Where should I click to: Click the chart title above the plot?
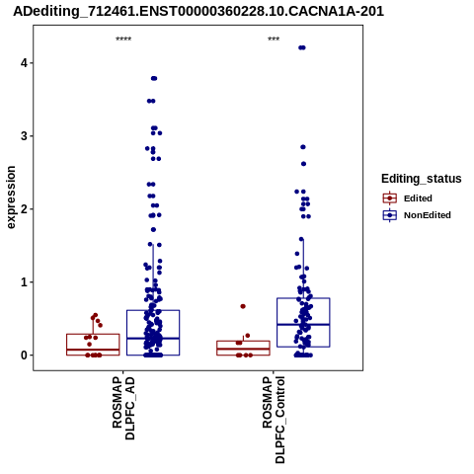point(198,12)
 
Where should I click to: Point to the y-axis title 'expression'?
point(11,197)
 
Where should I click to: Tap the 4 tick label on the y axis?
point(24,62)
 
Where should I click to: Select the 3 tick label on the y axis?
point(24,136)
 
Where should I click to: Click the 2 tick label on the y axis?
point(24,209)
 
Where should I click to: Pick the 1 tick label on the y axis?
point(24,282)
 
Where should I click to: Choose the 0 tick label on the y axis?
point(24,355)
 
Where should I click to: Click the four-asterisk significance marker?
point(123,39)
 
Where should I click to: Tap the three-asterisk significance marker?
point(274,39)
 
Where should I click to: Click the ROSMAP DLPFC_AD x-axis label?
point(123,408)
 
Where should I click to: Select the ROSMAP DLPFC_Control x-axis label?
point(274,420)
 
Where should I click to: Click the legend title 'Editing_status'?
point(422,179)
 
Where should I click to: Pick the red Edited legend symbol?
point(390,198)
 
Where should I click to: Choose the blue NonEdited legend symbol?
point(390,215)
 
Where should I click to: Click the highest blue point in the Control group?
point(302,47)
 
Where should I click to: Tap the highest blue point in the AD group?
point(154,78)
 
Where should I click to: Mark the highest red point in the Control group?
point(243,306)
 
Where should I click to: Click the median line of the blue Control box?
point(303,325)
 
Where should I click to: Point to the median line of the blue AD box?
point(153,339)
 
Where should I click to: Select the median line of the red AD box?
point(93,350)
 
